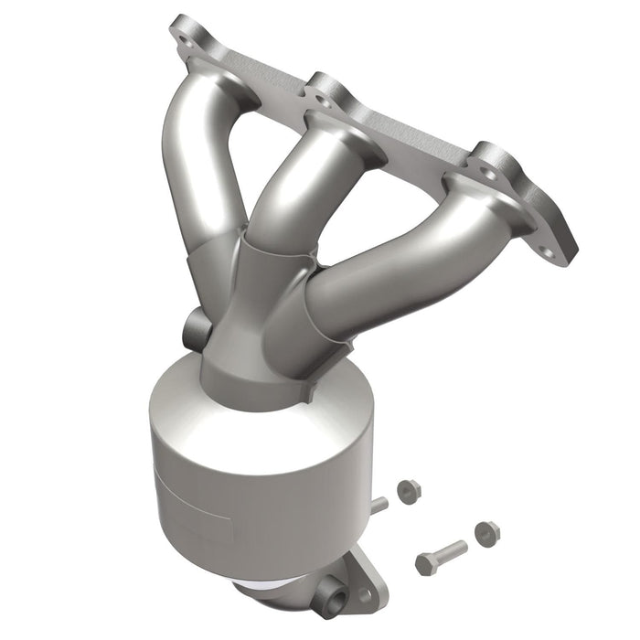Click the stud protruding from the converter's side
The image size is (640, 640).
[x=379, y=504]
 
